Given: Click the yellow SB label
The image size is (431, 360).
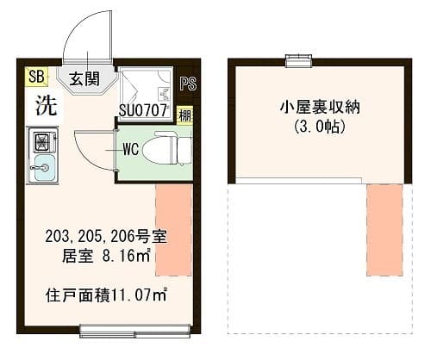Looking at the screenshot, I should [35, 77].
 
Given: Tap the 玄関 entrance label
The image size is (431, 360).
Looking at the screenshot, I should [84, 79].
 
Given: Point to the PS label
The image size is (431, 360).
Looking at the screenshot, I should [189, 84].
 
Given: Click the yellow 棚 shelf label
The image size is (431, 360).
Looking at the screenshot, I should [185, 115].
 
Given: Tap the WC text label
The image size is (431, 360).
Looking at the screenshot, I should [130, 148].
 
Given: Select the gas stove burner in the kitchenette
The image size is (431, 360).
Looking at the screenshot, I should [41, 139].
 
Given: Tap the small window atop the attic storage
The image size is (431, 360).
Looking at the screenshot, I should [298, 59].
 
